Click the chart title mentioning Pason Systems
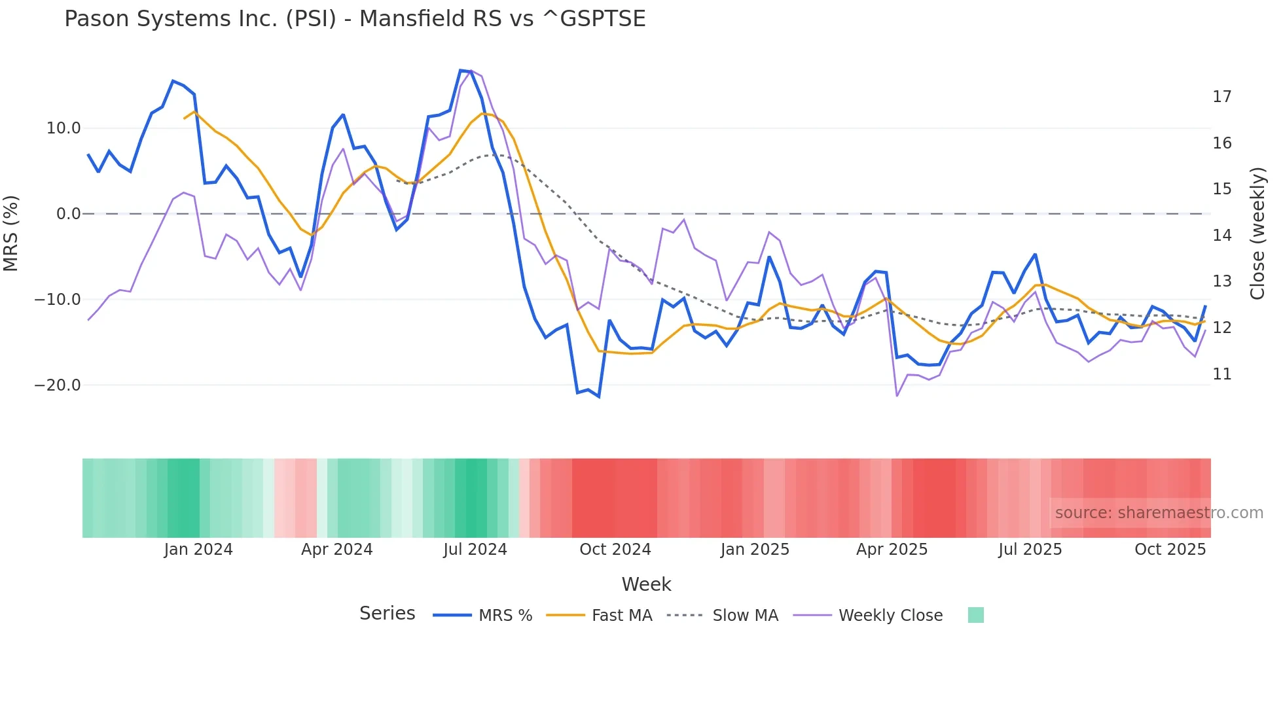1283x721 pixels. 355,19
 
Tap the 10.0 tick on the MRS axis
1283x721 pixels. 63,128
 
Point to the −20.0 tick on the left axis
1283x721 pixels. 58,385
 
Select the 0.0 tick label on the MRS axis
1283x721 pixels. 68,214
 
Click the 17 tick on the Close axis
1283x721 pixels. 1221,97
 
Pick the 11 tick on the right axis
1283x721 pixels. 1221,374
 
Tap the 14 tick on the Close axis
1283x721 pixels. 1221,236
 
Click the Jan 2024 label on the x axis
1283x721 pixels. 198,550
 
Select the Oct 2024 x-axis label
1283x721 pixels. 615,550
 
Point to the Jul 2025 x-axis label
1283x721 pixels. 1030,550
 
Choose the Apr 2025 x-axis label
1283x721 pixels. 892,550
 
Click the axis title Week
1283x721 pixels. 646,584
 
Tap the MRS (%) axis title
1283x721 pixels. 11,233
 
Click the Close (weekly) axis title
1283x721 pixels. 1257,234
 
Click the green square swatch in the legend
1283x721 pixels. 975,615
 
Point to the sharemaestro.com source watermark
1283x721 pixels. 1159,513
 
